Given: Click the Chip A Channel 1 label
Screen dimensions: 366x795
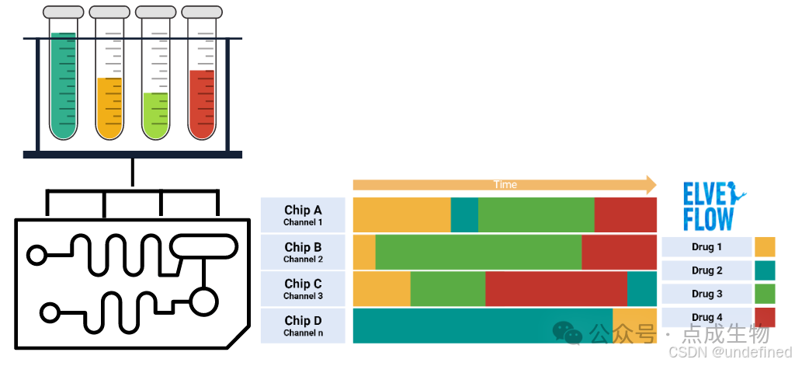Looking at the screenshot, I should click(x=303, y=215).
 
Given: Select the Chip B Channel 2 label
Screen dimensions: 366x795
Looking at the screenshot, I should click(x=303, y=252).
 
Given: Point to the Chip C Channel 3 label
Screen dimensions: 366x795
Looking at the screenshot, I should click(x=303, y=288).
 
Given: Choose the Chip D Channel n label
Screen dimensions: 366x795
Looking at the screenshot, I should click(x=303, y=326).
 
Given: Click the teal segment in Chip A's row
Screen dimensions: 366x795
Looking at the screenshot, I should click(x=464, y=215).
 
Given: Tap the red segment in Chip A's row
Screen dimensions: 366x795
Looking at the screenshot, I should click(x=625, y=215).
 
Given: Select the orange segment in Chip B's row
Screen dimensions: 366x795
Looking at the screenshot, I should click(x=364, y=252).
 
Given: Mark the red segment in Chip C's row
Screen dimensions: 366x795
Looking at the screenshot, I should click(x=556, y=288).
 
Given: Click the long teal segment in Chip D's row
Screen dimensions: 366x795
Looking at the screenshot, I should click(x=482, y=326).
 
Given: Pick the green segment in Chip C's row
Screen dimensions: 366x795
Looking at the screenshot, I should click(x=447, y=288).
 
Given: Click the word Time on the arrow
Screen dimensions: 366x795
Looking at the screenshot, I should click(x=505, y=185).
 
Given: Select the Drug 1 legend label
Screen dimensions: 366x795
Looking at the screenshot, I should click(x=706, y=247).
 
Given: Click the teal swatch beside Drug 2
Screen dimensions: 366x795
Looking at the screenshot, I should click(x=765, y=270).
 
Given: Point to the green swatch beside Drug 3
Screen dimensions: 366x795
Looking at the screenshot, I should click(x=765, y=294).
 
